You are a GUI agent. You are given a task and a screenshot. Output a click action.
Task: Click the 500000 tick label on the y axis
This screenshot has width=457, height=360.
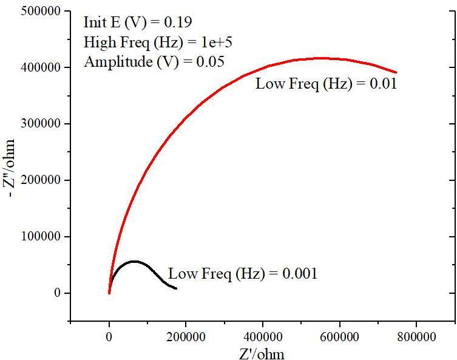point(45,11)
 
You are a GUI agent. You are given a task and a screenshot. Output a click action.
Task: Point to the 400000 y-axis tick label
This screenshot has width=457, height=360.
point(45,67)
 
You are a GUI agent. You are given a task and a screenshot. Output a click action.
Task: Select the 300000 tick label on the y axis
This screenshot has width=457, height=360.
point(45,124)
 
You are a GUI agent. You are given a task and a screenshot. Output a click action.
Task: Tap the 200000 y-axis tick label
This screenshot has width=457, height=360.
point(45,180)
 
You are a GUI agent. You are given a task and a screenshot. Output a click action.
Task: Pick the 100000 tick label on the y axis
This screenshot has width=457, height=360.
point(45,237)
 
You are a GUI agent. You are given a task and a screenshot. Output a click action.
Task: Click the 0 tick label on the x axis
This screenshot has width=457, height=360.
point(109,335)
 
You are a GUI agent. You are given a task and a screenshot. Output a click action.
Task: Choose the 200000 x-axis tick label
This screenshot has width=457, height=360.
point(186,335)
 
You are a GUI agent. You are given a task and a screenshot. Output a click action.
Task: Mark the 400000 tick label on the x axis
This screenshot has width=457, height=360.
point(263,335)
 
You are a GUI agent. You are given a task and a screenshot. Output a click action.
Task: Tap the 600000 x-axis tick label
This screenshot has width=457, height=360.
point(339,335)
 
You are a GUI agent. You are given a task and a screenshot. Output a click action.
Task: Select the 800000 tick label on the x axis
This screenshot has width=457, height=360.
point(416,335)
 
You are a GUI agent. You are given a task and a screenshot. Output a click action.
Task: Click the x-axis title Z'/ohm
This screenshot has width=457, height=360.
point(262,352)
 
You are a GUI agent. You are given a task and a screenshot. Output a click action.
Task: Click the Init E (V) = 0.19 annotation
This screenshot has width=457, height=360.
point(138,22)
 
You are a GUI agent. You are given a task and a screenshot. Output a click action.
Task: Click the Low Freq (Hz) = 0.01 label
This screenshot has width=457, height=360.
point(326,84)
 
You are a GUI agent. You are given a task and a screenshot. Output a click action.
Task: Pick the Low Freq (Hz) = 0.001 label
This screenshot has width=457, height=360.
point(243,274)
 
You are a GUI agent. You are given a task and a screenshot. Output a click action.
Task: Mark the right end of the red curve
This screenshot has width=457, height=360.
point(396,72)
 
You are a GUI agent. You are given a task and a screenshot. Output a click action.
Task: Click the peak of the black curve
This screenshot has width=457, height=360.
point(135,262)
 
